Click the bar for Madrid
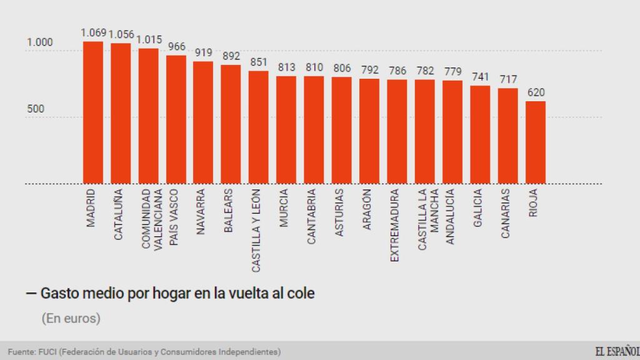click(93, 112)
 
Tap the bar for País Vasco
click(176, 119)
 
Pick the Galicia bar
click(480, 134)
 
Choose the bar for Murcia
click(286, 130)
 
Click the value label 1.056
click(121, 34)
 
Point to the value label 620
click(536, 92)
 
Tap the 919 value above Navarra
click(204, 52)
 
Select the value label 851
click(259, 62)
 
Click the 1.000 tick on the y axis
click(39, 42)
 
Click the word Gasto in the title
click(60, 293)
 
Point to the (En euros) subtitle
click(71, 318)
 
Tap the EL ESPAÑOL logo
click(617, 351)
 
